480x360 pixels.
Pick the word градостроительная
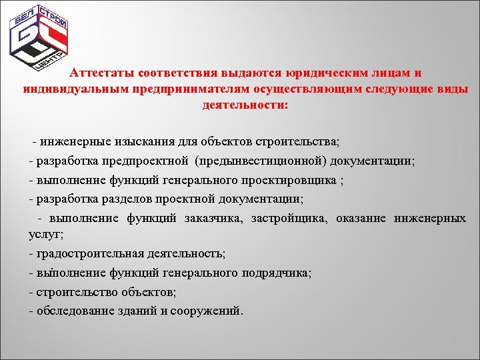pos(81,254)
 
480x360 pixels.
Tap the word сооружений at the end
pos(211,310)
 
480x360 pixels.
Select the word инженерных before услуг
pos(429,217)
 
